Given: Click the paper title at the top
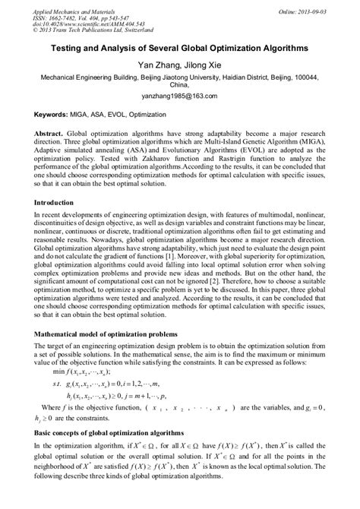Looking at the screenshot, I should tap(179, 47).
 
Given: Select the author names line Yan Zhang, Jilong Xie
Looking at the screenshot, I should tap(179, 65).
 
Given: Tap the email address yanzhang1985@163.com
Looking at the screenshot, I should tap(179, 96).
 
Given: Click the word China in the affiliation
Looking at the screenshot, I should tap(179, 86).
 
